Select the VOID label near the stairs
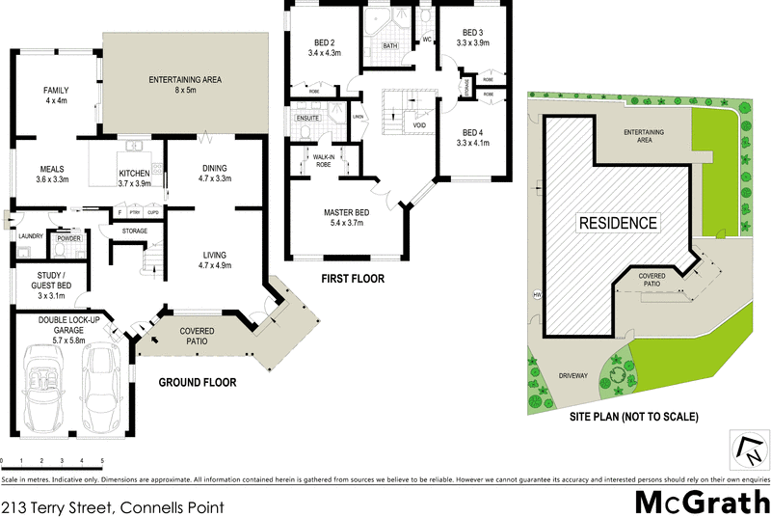pos(419,124)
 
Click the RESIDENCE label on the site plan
pos(617,223)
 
